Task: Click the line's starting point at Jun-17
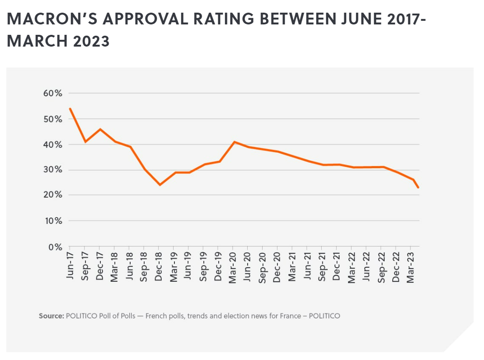[x=70, y=109]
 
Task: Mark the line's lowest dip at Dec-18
[x=160, y=185]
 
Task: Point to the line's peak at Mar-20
[x=234, y=142]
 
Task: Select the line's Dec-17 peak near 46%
[x=100, y=129]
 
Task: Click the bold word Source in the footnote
[x=51, y=316]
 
